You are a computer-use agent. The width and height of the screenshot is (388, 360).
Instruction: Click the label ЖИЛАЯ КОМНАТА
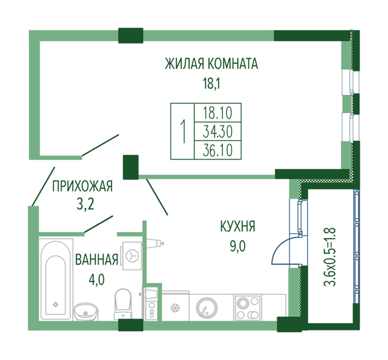211,63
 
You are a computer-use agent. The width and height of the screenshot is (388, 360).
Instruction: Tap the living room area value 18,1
211,84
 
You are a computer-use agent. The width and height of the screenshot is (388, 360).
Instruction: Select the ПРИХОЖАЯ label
83,186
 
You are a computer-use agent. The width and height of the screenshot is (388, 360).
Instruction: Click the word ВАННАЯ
97,260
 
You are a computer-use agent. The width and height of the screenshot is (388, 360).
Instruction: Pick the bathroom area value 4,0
96,280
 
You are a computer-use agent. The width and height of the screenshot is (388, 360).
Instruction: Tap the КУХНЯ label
238,226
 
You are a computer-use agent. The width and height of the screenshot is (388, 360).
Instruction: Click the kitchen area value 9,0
238,246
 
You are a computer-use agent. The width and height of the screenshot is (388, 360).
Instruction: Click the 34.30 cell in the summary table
218,132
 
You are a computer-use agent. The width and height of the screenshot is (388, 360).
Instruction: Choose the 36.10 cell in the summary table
218,150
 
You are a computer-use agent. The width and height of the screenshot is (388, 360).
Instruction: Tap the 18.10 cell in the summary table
218,113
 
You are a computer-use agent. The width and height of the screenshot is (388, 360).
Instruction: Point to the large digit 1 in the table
183,131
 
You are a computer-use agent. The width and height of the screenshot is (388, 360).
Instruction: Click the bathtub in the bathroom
57,279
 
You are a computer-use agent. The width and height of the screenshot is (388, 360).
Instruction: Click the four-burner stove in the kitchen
248,308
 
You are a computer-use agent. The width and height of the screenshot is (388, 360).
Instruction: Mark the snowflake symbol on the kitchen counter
175,308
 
